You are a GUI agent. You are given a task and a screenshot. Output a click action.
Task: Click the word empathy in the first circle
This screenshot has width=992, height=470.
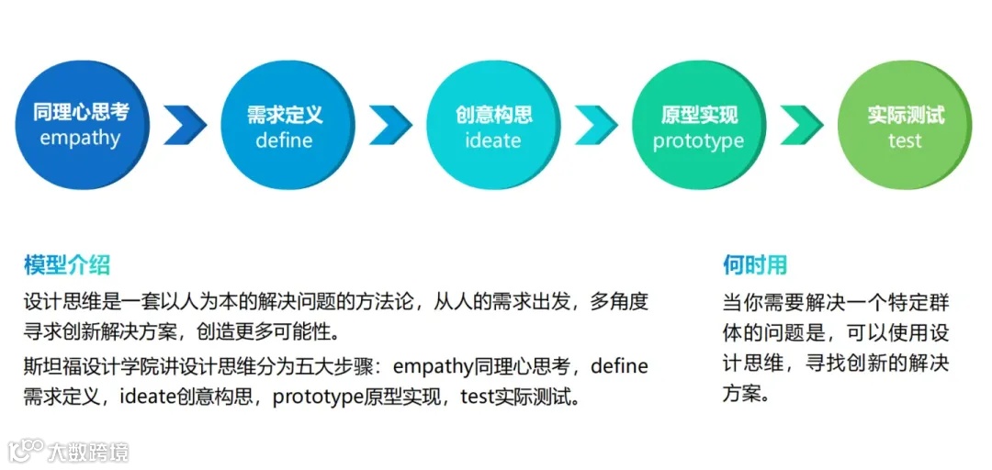(80, 140)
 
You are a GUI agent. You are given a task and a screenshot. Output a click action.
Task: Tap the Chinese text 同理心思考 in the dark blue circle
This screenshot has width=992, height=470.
(81, 113)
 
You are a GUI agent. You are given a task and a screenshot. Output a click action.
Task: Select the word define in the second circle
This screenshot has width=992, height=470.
(284, 140)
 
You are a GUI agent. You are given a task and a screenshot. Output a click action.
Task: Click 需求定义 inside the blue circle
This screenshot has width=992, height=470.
(285, 115)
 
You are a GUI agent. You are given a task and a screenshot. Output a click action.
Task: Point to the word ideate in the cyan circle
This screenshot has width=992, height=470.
(492, 141)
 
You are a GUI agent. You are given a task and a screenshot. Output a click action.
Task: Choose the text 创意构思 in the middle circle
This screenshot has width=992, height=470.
(493, 115)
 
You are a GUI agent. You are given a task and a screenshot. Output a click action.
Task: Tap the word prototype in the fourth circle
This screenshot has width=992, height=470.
(698, 141)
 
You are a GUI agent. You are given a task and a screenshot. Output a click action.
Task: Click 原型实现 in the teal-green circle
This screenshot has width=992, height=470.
(699, 115)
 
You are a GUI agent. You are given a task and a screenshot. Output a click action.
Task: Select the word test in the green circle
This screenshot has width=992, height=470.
(905, 141)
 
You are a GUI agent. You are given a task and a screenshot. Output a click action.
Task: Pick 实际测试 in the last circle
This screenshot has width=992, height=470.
(906, 115)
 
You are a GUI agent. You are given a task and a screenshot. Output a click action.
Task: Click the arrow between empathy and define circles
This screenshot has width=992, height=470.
(185, 125)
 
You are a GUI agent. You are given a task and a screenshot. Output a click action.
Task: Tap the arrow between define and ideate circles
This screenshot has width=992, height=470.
(390, 125)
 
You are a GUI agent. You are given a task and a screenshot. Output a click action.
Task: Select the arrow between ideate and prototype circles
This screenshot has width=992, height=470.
(596, 125)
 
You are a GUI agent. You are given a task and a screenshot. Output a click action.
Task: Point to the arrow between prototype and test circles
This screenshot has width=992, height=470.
(802, 125)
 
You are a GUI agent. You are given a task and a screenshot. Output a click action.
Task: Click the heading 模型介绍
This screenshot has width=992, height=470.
(67, 266)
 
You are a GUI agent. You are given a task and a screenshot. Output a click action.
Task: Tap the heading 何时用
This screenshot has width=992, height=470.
(755, 266)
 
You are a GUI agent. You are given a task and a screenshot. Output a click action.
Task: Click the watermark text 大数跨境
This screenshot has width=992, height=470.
(88, 452)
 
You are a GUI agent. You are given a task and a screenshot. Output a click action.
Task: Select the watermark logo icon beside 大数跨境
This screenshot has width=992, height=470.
(26, 450)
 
